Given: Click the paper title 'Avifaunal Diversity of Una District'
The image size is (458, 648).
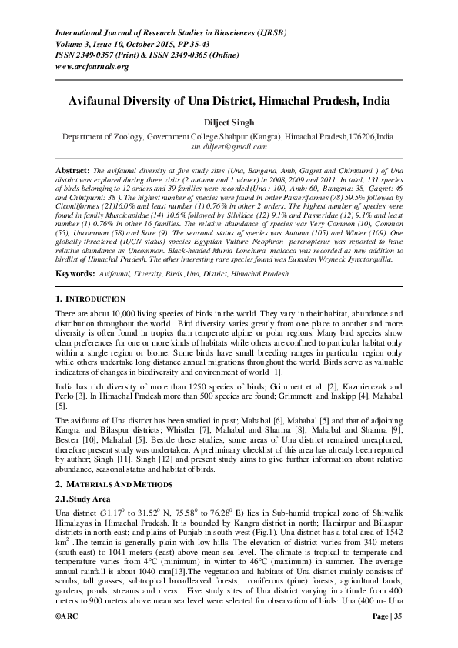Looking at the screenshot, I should (x=229, y=101).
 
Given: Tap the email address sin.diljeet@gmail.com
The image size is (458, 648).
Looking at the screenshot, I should (x=229, y=146).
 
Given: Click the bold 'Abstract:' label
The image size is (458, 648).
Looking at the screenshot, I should (x=74, y=168).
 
